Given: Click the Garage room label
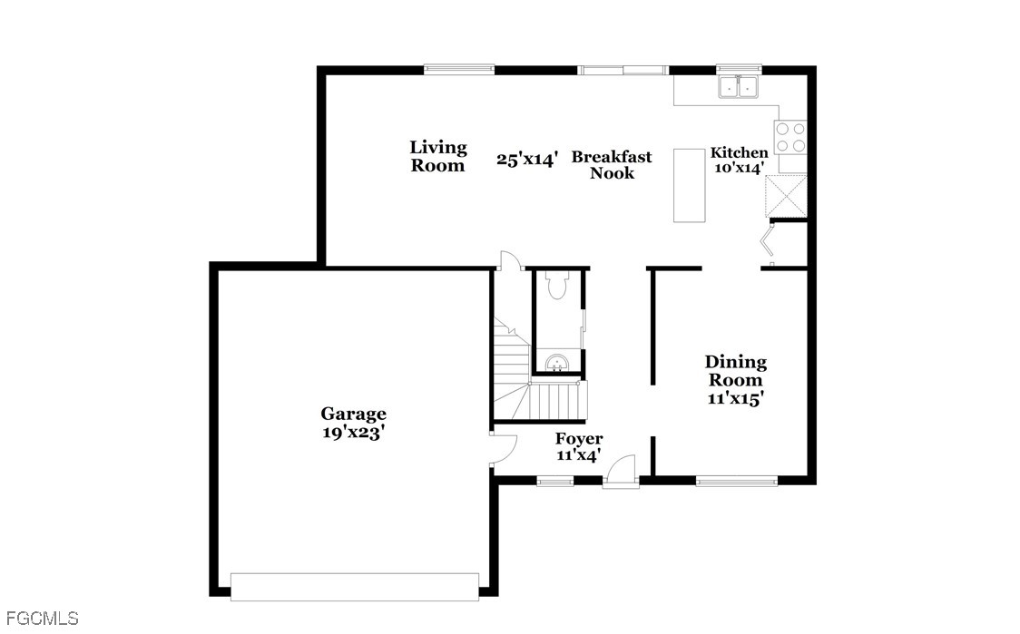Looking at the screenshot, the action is (x=353, y=415).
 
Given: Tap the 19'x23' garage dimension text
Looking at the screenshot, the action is (x=354, y=433).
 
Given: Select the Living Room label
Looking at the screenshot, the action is (x=437, y=157).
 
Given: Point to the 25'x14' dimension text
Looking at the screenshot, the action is (x=527, y=160).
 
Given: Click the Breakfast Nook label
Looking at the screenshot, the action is (x=612, y=164).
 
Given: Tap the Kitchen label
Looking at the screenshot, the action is (x=739, y=152).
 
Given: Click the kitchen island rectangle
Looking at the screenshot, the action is (x=689, y=185).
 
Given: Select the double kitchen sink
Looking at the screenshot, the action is (x=739, y=86).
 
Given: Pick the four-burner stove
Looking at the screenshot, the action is (x=790, y=137).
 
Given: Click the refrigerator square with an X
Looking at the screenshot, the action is (x=786, y=196).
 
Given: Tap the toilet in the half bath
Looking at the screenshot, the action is (x=557, y=284).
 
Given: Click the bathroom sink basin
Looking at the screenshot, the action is (x=557, y=362).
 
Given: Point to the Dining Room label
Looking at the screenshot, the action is (x=736, y=371).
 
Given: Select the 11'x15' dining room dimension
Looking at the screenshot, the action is (x=736, y=398).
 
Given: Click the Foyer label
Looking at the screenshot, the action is (x=579, y=439).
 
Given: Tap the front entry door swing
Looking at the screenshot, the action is (x=621, y=468).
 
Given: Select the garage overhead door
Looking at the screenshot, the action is (x=355, y=587).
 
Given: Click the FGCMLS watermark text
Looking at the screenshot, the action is (x=40, y=618).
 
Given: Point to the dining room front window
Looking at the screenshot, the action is (x=736, y=482).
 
